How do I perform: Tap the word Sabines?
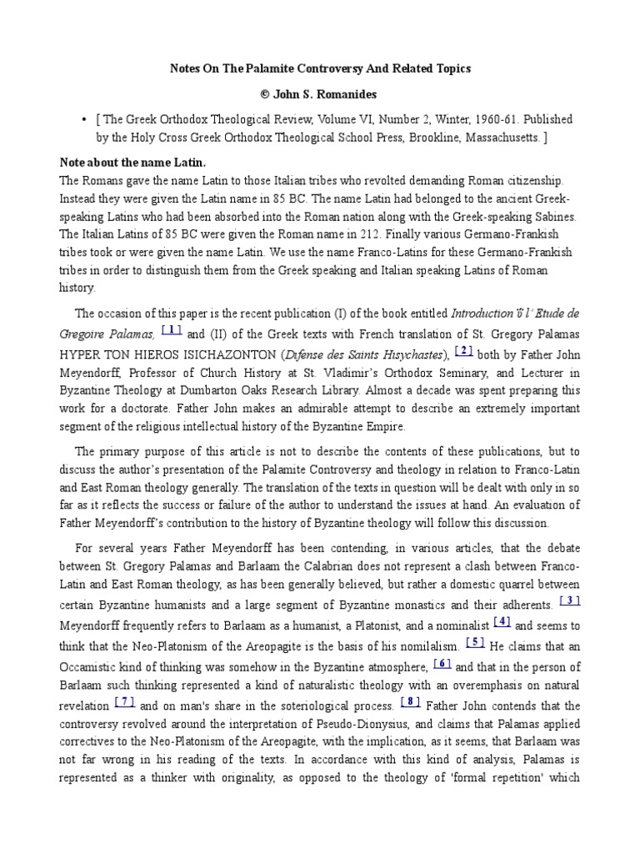pos(548,216)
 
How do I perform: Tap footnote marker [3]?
pos(570,600)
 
